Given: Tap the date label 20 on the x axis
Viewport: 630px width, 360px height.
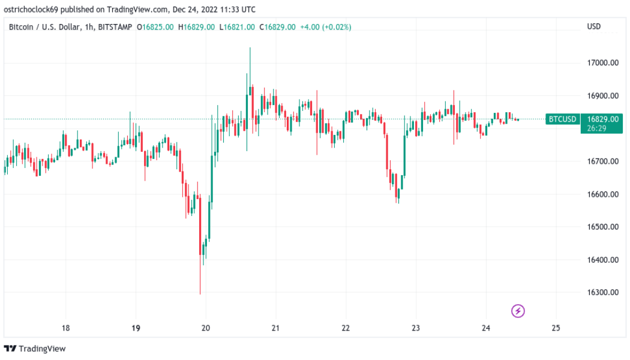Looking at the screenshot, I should [205, 328].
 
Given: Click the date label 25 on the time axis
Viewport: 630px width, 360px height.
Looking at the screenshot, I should [555, 328].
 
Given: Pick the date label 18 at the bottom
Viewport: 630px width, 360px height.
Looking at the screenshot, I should [65, 328].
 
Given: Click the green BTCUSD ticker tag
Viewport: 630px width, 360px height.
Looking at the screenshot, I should [562, 119].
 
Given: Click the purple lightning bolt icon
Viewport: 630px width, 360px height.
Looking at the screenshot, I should [518, 311].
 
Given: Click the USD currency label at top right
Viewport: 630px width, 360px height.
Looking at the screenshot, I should [593, 26].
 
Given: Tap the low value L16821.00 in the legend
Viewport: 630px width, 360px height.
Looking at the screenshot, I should [236, 27].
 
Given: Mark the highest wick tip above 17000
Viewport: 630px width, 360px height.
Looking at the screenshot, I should [250, 48].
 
